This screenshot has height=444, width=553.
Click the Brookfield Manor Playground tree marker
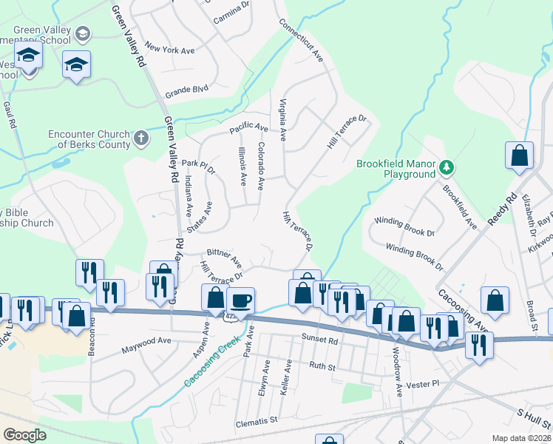[447, 166]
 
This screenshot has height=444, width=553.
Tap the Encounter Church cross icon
[140, 137]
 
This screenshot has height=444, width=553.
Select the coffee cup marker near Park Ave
[242, 300]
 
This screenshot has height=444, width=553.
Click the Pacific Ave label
[248, 128]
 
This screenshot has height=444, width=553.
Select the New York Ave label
[169, 49]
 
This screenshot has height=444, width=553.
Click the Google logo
[24, 435]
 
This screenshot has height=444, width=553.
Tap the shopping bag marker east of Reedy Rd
[519, 155]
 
